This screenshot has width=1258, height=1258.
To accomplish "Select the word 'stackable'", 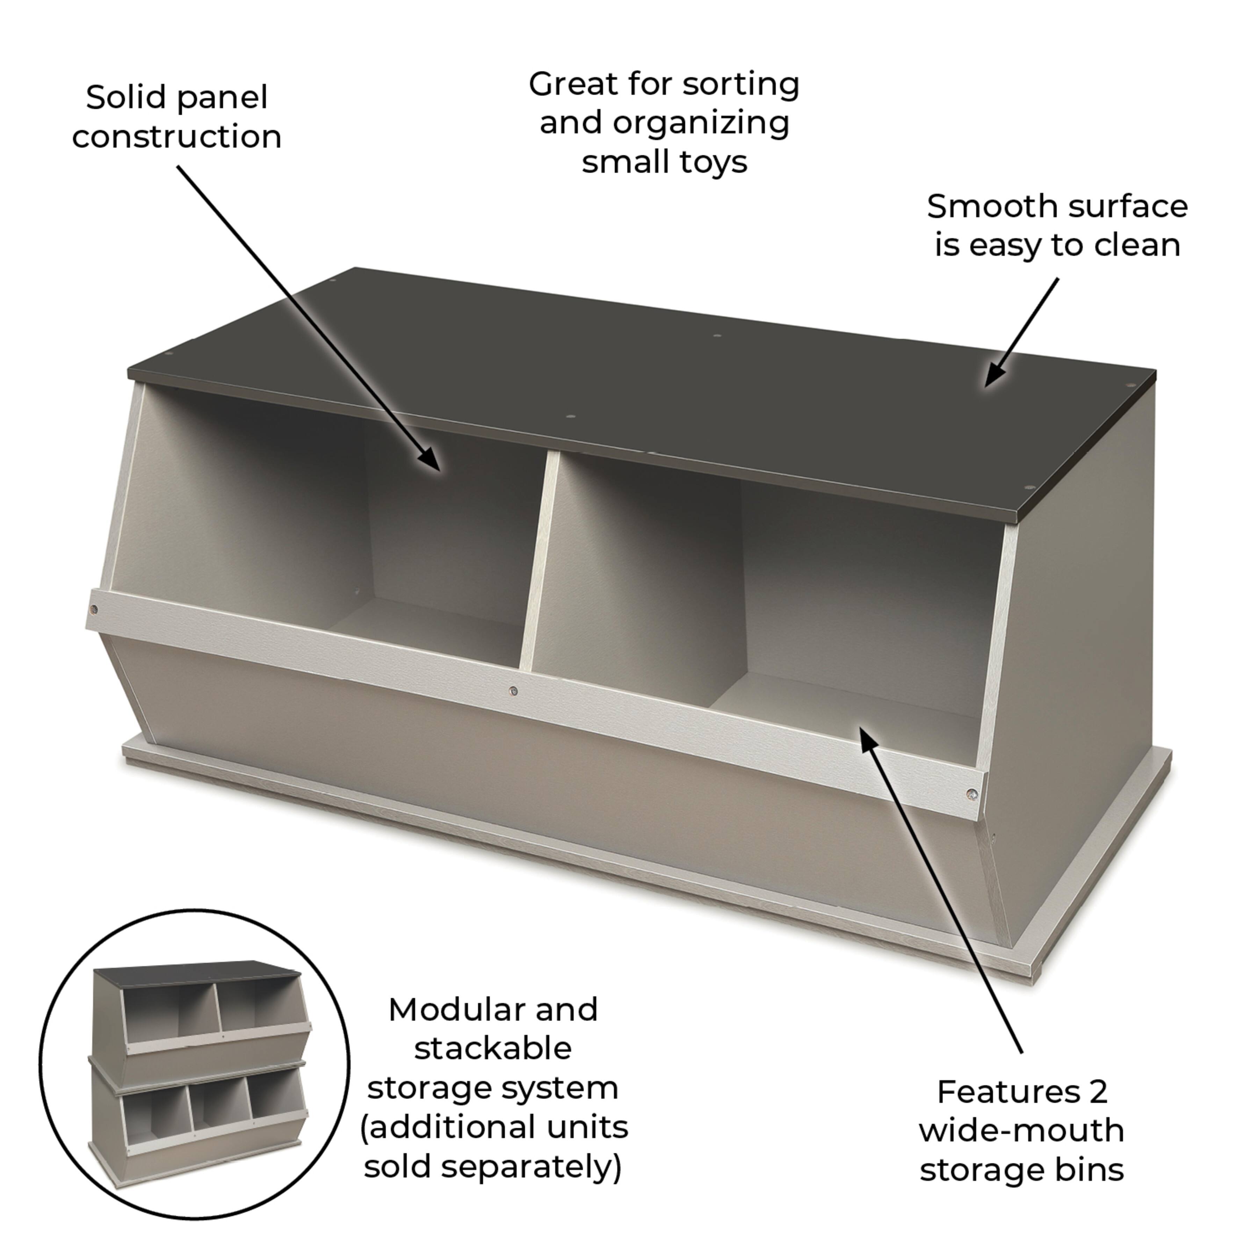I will pos(493,1048).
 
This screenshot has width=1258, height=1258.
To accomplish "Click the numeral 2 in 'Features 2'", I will pos(1098,1092).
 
